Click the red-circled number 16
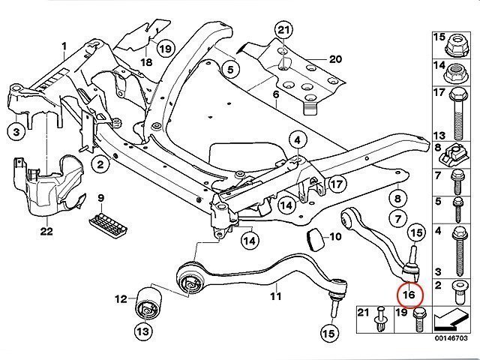click(x=409, y=295)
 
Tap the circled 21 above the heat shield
click(x=282, y=31)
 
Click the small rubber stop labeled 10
click(x=315, y=239)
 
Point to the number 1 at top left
click(x=64, y=46)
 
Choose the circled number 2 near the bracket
click(x=100, y=163)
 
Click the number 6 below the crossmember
click(x=275, y=94)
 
